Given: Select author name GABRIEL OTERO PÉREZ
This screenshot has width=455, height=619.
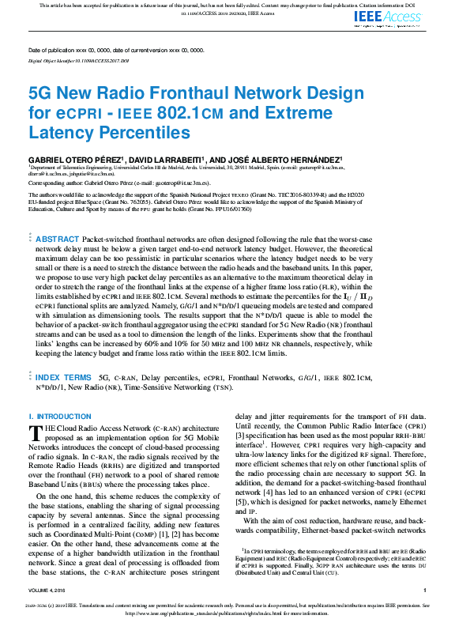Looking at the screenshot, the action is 71,160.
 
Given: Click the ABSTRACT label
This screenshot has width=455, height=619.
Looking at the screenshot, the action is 58,239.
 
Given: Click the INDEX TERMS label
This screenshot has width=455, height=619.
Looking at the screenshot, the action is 63,379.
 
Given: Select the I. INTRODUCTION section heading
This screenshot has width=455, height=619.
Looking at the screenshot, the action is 60,417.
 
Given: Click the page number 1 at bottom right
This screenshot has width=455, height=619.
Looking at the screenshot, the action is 424,591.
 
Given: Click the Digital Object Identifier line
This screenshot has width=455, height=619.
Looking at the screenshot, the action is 78,59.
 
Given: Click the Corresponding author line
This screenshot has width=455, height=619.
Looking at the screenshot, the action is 118,182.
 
